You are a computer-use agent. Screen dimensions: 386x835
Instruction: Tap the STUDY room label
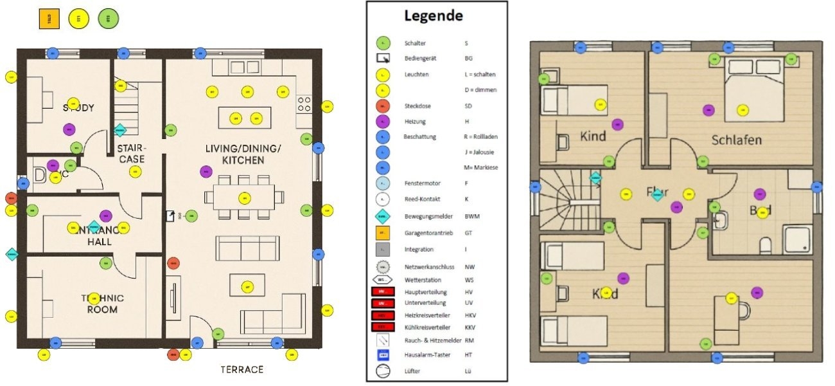[78, 107]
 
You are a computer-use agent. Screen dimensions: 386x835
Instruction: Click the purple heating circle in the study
[69, 129]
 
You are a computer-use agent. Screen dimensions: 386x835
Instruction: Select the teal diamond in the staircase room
[120, 130]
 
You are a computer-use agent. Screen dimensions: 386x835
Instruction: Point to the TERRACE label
[242, 369]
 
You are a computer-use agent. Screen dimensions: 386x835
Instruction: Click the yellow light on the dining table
[243, 198]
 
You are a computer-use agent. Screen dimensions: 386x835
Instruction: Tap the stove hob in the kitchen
[303, 104]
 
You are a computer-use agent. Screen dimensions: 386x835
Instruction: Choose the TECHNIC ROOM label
[103, 304]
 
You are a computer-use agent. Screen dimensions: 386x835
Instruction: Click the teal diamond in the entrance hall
[94, 227]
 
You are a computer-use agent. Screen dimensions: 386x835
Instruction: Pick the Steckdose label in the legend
[416, 106]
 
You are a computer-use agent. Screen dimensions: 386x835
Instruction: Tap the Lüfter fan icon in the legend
[382, 371]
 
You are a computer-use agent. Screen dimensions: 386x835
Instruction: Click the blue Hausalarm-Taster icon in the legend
[382, 354]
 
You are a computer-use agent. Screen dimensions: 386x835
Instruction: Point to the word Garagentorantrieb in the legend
[426, 233]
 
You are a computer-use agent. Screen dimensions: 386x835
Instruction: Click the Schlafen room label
[736, 140]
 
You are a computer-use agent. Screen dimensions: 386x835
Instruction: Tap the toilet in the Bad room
[765, 245]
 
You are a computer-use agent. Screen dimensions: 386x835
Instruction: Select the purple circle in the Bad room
[760, 194]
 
